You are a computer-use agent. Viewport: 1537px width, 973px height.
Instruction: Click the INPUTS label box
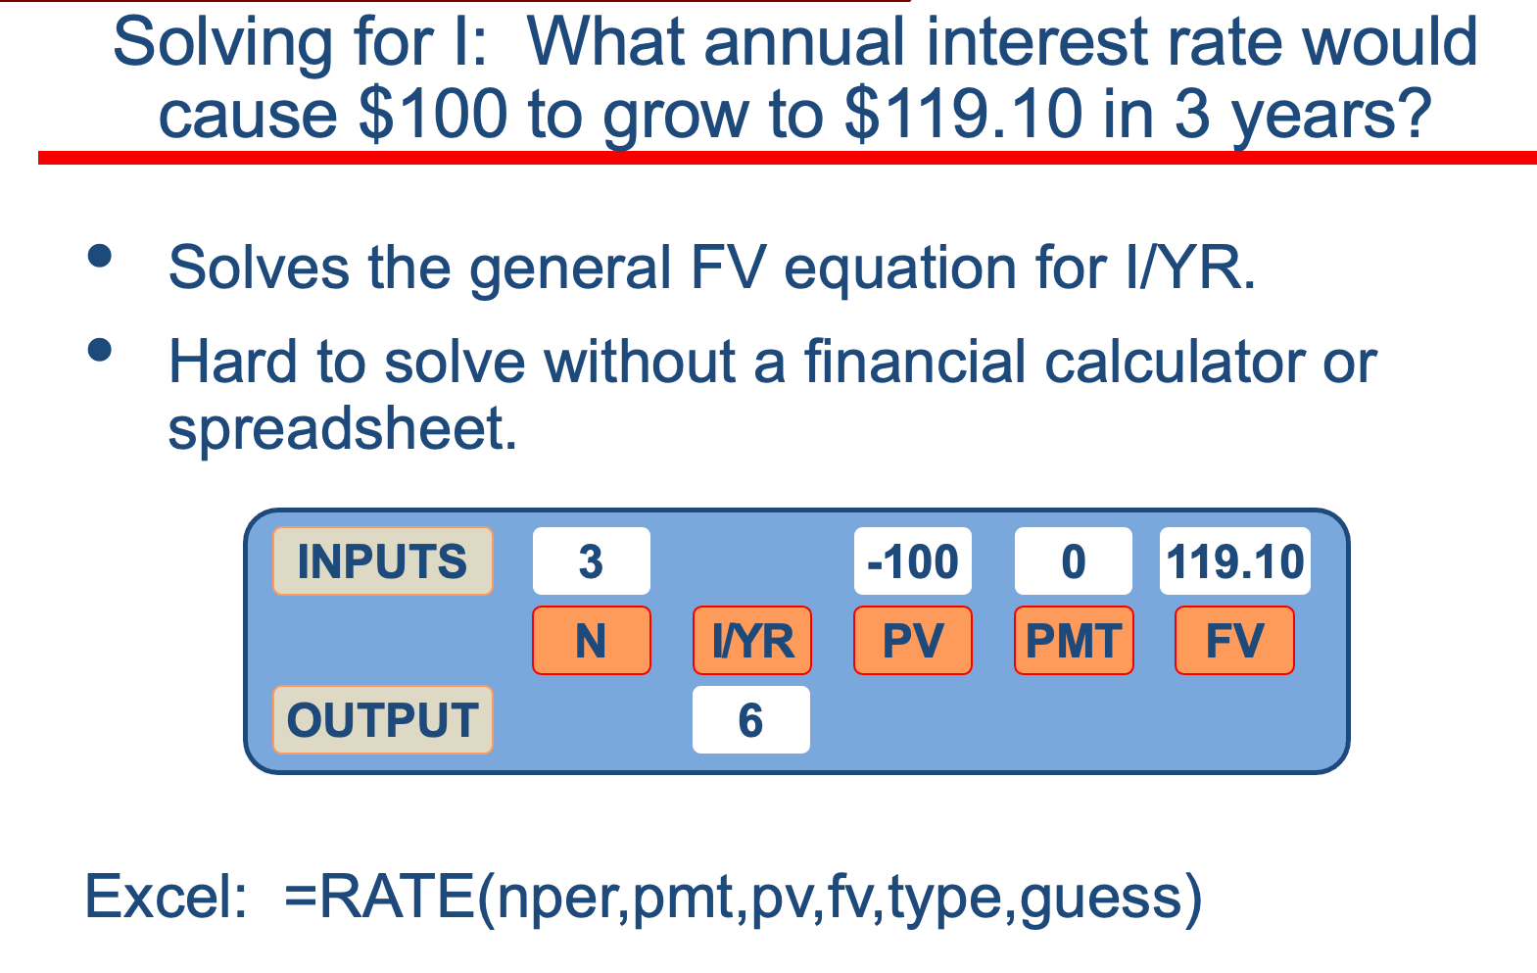coord(383,560)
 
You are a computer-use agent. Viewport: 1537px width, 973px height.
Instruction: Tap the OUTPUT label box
coord(383,720)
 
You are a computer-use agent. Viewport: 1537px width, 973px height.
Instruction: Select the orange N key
coord(592,640)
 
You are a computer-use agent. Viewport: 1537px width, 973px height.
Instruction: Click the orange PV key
coord(913,640)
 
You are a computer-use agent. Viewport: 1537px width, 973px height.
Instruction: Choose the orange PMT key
coord(1074,640)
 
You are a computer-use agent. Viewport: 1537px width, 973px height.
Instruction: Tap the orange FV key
coord(1234,640)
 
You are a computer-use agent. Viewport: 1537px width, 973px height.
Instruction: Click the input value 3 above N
coord(592,560)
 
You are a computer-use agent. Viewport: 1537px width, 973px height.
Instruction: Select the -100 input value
coord(913,560)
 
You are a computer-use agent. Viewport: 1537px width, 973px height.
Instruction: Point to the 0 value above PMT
coord(1074,560)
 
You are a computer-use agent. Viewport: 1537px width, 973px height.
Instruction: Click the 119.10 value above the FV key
coord(1235,560)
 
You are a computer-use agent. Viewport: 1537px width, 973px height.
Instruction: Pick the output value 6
coord(751,720)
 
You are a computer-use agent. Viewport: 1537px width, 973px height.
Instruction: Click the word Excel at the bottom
coord(166,897)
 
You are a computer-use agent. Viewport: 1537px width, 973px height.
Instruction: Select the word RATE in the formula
coord(398,897)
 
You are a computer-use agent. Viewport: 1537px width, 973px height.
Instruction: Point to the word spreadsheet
coord(342,429)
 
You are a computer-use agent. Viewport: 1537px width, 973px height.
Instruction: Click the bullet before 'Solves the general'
coord(100,256)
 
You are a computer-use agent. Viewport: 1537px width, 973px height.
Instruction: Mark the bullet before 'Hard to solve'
coord(100,350)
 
